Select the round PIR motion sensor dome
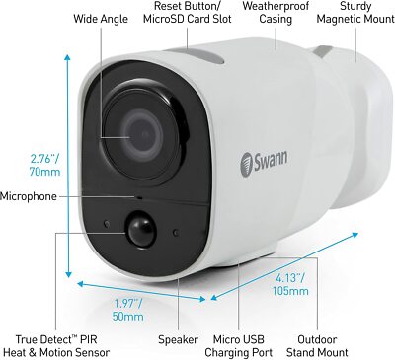click(141, 228)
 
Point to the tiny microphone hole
click(139, 197)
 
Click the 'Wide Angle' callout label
click(101, 19)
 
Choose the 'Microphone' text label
click(29, 196)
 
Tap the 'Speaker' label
click(178, 339)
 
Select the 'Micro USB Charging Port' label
click(238, 346)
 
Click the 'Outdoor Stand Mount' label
click(317, 346)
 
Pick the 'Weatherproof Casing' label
click(276, 13)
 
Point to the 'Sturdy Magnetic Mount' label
click(355, 13)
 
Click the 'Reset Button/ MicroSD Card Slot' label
click(188, 13)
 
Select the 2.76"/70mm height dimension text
click(44, 166)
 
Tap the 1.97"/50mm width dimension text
click(128, 310)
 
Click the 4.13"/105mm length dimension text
click(290, 284)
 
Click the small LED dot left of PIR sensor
click(106, 224)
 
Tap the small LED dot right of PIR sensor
click(176, 233)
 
